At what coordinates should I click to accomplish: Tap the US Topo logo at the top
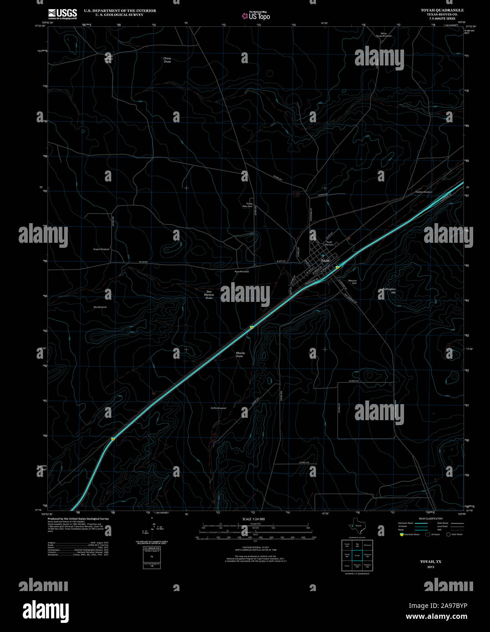click(x=256, y=15)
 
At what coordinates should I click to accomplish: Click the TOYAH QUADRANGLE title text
click(x=437, y=10)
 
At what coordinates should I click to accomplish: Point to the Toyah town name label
click(x=325, y=261)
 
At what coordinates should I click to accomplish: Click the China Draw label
click(x=167, y=60)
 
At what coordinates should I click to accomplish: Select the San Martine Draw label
click(x=209, y=295)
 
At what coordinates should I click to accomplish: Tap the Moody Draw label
click(x=240, y=354)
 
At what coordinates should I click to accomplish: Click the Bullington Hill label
click(x=389, y=291)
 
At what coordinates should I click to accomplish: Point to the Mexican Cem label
click(x=352, y=282)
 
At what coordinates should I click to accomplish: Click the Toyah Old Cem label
click(x=329, y=244)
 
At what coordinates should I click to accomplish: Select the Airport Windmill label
click(x=101, y=249)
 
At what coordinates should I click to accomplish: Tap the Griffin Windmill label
click(x=218, y=408)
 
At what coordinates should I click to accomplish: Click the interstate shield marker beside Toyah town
click(x=337, y=267)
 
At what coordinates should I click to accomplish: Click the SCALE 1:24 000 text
click(x=254, y=519)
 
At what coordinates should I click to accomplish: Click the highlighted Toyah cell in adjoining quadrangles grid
click(x=357, y=555)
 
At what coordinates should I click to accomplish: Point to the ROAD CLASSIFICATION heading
click(x=430, y=519)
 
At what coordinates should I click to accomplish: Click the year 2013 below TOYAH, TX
click(x=430, y=567)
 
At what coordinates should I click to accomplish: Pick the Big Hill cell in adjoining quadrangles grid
click(x=357, y=545)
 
